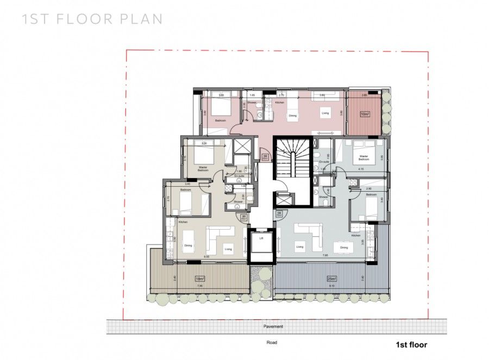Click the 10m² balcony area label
pos(365,114)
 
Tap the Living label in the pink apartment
pos(325,113)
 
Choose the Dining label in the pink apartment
pos(292,116)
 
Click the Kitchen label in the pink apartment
pos(279,103)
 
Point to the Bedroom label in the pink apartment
pos(220,120)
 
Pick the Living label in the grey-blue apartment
pos(299,247)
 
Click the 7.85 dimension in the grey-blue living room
pos(324,255)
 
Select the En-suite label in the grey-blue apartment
pos(325,162)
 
